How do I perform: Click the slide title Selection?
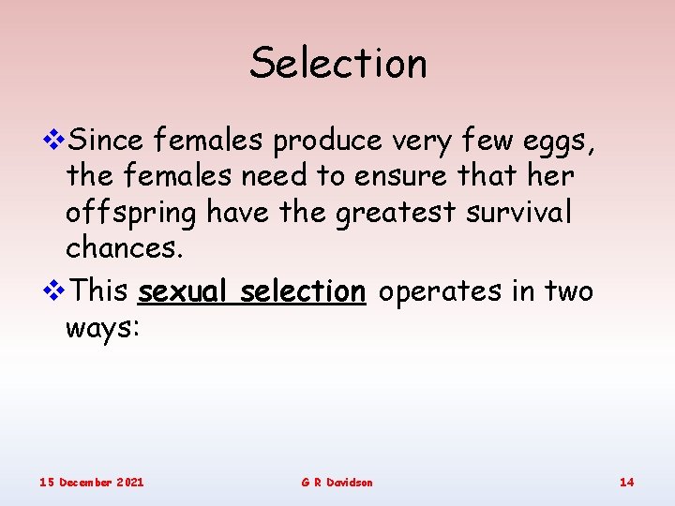[x=337, y=64]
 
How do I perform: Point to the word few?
[x=476, y=141]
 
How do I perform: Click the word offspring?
[x=131, y=215]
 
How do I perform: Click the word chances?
[x=120, y=248]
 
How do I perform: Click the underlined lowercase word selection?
[x=303, y=291]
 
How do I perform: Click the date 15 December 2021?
[x=92, y=482]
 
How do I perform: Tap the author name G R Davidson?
[x=337, y=482]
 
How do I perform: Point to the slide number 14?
[x=626, y=482]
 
